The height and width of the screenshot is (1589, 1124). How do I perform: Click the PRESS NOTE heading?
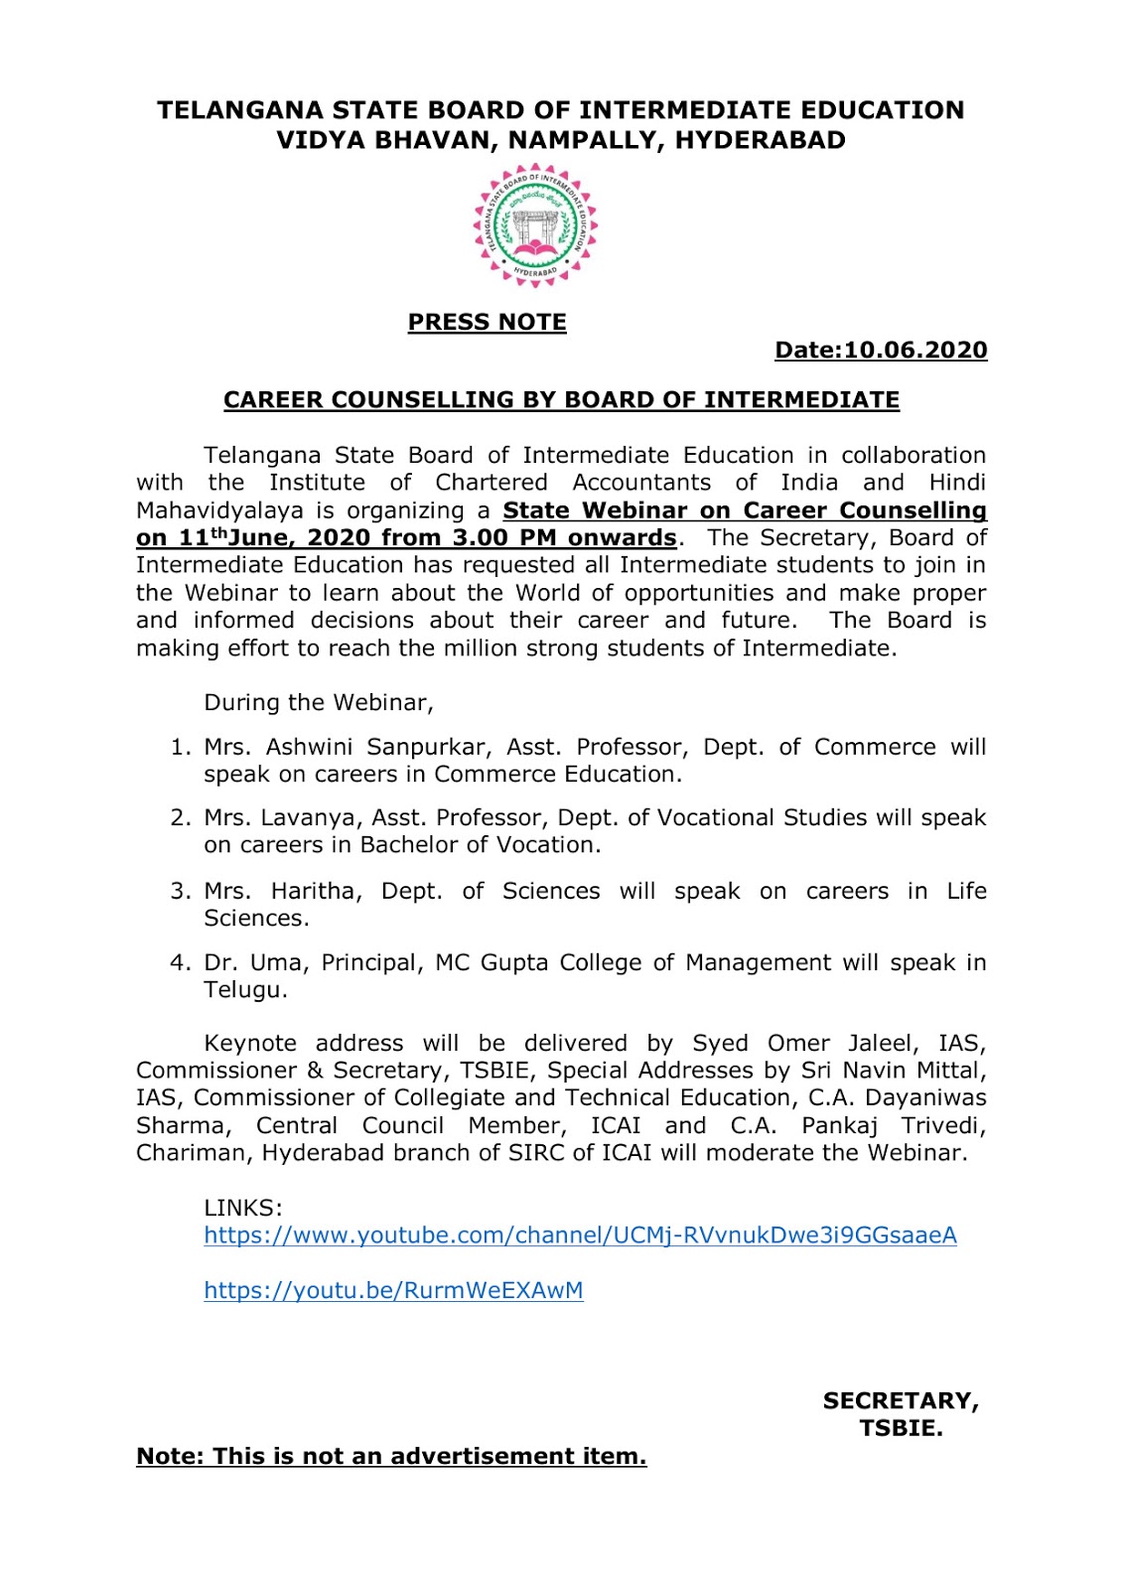point(487,322)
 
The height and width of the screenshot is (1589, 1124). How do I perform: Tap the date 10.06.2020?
point(915,350)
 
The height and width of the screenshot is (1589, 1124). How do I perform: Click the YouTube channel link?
point(580,1235)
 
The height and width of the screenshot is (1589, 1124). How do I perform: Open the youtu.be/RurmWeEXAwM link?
point(393,1290)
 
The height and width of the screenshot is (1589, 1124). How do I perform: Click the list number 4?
point(179,962)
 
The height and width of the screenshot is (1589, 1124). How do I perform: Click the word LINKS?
point(243,1208)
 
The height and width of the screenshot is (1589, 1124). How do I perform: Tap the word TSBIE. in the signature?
point(901,1428)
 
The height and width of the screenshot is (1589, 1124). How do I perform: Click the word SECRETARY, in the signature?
point(901,1400)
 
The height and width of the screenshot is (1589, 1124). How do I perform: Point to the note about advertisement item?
point(391,1456)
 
